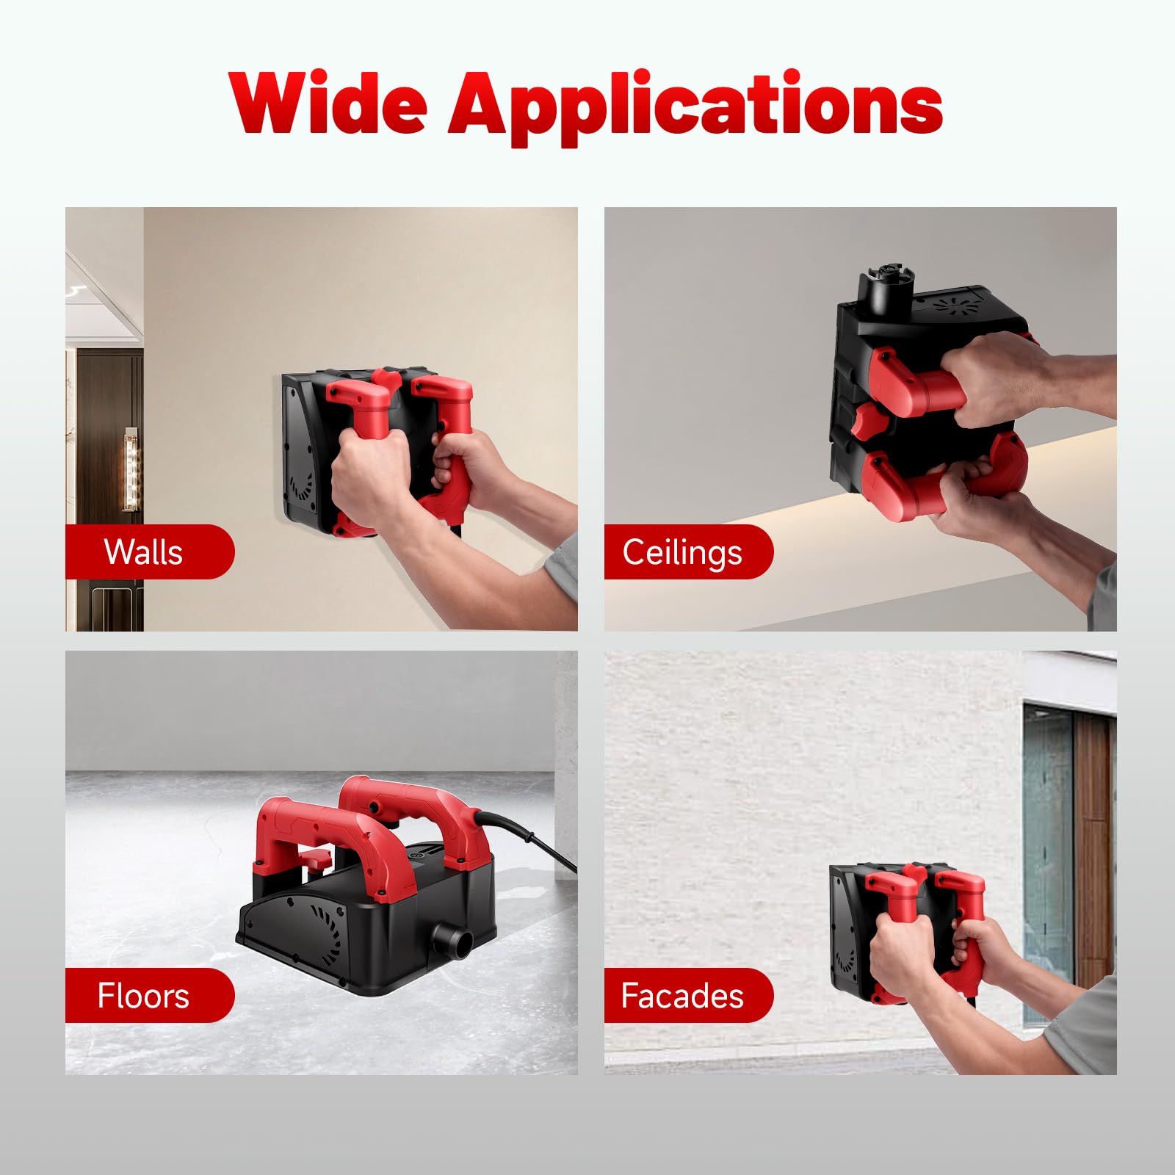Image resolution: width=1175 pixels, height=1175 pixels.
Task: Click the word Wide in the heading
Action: tap(328, 104)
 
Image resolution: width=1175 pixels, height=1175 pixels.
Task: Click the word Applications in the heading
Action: tap(695, 107)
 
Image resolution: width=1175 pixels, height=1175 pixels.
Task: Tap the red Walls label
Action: tap(150, 552)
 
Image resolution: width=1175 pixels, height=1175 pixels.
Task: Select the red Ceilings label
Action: tap(689, 552)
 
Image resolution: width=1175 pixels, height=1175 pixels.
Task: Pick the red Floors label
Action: tap(150, 995)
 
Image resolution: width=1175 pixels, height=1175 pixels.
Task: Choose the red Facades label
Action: tap(689, 995)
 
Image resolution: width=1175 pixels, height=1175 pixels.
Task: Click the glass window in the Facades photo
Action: tap(1047, 863)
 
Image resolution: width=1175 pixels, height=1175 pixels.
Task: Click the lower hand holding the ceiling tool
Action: tap(977, 500)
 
